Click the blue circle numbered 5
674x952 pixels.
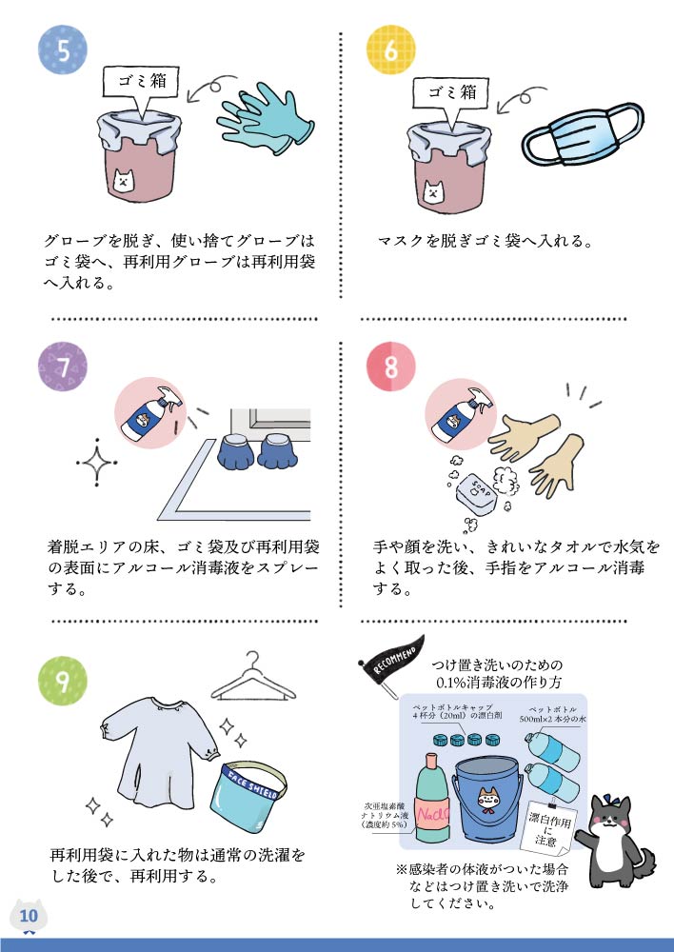tap(63, 50)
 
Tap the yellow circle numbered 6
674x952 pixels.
tap(391, 50)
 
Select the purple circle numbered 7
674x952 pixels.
tap(63, 367)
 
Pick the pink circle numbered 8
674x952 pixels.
tap(391, 367)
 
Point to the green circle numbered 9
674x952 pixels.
tap(63, 681)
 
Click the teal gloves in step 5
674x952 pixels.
tap(266, 118)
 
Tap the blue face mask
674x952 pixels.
tap(582, 135)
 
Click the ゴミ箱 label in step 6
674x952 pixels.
tap(452, 92)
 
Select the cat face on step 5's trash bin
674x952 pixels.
tap(124, 180)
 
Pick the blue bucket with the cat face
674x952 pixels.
tap(488, 799)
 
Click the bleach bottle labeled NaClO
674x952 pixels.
tap(432, 801)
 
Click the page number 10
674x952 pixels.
tap(29, 916)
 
